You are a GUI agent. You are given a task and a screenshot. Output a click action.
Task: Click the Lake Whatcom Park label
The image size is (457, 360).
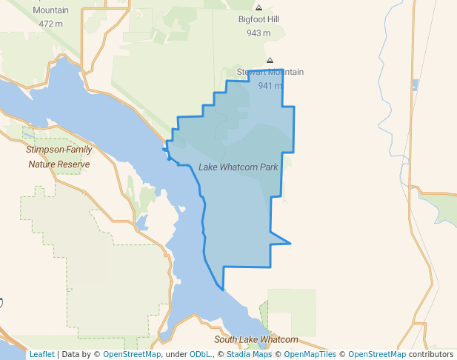point(238,167)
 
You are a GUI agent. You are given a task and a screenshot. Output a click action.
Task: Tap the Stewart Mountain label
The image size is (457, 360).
point(270,73)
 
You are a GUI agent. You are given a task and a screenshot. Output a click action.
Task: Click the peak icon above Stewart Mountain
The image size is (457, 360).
point(270,60)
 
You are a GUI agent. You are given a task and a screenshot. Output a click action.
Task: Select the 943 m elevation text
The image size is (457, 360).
point(258,33)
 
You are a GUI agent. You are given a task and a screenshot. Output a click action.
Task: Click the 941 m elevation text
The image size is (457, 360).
point(270,85)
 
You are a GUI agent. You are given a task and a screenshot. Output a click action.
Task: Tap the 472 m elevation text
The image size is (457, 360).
point(50,24)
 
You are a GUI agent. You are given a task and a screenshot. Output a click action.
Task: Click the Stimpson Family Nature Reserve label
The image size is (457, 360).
point(59,157)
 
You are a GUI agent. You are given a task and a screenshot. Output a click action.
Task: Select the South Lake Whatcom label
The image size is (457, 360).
point(256,340)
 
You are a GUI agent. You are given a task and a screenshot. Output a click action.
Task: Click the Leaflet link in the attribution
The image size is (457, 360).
point(41,355)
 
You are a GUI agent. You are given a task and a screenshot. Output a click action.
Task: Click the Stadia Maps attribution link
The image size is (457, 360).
point(249,355)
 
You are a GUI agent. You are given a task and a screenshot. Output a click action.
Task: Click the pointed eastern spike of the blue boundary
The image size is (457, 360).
point(290,243)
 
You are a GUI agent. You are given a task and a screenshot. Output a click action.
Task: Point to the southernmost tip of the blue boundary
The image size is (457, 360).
point(222,290)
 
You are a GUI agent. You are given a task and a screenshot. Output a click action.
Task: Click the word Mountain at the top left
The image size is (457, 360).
point(50,10)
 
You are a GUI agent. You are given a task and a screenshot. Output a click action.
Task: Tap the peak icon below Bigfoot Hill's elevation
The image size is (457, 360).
point(270,60)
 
